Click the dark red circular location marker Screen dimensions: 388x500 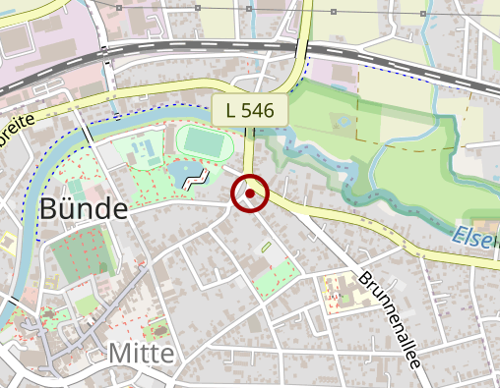[250, 194]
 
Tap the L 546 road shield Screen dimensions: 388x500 [250, 110]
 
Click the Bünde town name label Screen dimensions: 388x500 [84, 209]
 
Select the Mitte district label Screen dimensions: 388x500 [141, 354]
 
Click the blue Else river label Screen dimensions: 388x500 [475, 236]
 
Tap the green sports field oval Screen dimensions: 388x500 [206, 143]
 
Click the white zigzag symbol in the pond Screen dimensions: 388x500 [199, 179]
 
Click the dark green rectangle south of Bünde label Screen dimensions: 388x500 [79, 257]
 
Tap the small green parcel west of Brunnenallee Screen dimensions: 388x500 [275, 277]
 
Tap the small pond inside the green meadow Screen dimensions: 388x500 [343, 123]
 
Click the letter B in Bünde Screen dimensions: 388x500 [50, 209]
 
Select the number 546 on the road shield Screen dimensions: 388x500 [261, 110]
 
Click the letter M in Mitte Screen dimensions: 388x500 [118, 354]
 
